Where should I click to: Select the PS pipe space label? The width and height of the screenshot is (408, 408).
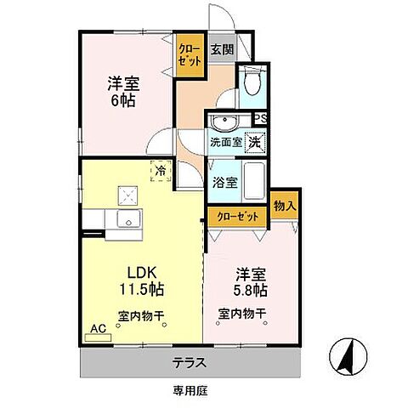tap(262, 119)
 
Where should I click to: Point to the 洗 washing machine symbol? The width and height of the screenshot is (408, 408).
tap(254, 143)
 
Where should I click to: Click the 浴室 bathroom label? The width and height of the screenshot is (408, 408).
tap(226, 182)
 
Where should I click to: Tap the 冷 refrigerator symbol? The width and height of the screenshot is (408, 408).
tap(161, 170)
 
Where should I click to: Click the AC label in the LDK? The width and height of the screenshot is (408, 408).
tap(98, 327)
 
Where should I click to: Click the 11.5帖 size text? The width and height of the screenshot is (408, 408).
tap(142, 289)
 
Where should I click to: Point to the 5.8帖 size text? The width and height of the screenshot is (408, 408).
tap(252, 289)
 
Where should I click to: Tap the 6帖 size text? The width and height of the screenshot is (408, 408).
tap(122, 99)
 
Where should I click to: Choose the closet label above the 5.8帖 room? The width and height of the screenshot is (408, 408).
tap(239, 216)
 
